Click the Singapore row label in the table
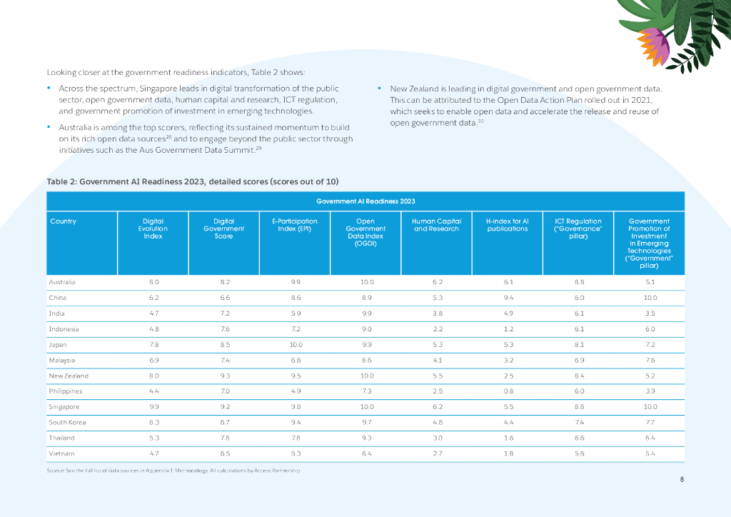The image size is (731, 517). pos(64,407)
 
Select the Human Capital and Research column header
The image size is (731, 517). pos(436,225)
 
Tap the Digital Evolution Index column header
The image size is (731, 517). pos(153,229)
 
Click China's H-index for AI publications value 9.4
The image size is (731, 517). pos(507,297)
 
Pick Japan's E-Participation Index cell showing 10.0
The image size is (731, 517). pos(294,344)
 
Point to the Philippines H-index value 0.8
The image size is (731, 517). pos(507,391)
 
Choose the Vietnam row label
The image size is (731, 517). pos(61,453)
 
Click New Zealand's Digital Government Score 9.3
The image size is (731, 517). pos(223,376)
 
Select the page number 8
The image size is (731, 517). pos(682,479)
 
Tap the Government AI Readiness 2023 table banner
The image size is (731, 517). pos(365,201)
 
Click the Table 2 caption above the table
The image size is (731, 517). pos(193,181)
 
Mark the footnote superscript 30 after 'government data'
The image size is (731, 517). pos(482,121)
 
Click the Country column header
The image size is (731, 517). pos(64,221)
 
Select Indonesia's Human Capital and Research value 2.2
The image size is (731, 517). pos(436,328)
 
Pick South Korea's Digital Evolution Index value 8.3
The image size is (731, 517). pos(153,423)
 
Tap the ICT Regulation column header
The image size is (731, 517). pos(578,229)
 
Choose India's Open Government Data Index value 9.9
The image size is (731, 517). pos(365,313)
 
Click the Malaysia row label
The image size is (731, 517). pos(62,360)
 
